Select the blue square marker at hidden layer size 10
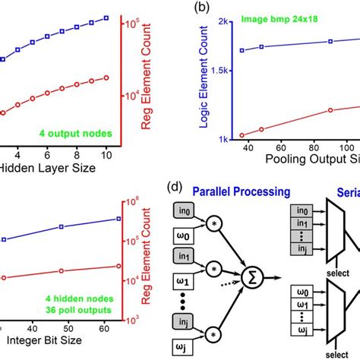106,17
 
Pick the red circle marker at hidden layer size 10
106,77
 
